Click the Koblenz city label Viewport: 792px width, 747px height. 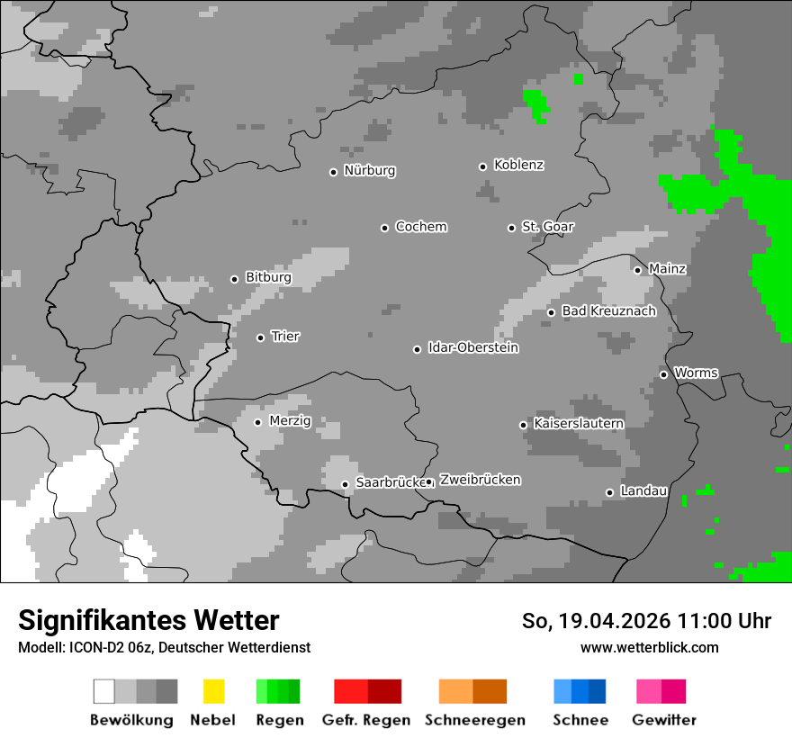tap(518, 165)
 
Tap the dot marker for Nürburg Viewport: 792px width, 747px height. tap(333, 172)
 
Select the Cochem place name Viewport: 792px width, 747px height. tap(420, 227)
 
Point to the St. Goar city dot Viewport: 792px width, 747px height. tap(511, 228)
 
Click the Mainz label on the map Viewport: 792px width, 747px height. tap(667, 269)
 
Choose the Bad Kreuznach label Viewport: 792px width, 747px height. tap(608, 311)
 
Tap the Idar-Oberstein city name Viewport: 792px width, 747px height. tap(472, 347)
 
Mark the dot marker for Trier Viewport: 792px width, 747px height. tap(260, 337)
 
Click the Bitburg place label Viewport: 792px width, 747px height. tap(268, 278)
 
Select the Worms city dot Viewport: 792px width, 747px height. tap(663, 374)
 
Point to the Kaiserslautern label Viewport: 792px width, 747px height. tap(578, 423)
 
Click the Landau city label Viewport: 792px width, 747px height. tap(643, 491)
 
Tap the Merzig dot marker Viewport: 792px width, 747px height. tap(257, 422)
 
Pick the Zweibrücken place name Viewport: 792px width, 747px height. tap(480, 480)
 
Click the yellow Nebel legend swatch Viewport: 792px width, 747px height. tap(213, 691)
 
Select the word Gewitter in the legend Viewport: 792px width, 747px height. tap(663, 720)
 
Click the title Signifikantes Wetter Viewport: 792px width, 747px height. tap(148, 620)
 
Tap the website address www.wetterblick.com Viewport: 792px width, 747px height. tap(649, 647)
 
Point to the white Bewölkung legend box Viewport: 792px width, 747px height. tap(104, 691)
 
